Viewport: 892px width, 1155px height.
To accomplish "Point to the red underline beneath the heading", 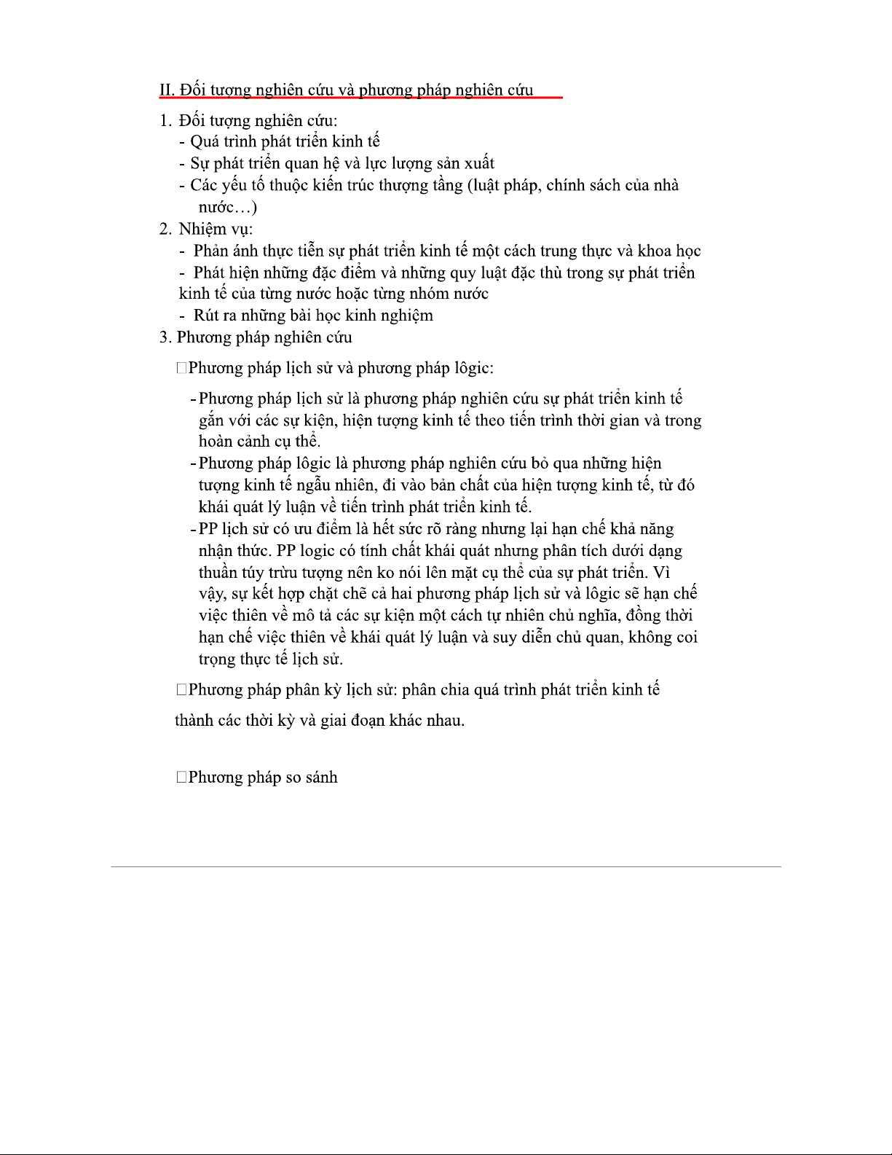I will [x=360, y=97].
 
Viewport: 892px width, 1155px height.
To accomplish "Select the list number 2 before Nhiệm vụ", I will [x=165, y=229].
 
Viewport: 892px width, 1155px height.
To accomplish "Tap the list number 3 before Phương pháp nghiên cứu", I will [x=165, y=337].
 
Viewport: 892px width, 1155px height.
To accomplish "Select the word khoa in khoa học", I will [x=655, y=251].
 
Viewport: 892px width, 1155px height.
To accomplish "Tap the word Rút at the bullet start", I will [x=206, y=316].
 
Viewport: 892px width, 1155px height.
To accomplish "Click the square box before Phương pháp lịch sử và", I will [x=181, y=368].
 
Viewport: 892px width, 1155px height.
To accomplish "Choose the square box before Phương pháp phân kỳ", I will [x=181, y=690].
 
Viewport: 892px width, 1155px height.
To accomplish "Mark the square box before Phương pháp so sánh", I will [x=181, y=778].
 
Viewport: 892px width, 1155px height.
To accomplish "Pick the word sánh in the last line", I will [x=321, y=778].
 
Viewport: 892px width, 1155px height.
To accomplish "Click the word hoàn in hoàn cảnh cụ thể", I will [x=216, y=442].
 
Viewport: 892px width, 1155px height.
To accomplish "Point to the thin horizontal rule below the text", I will [x=446, y=866].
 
